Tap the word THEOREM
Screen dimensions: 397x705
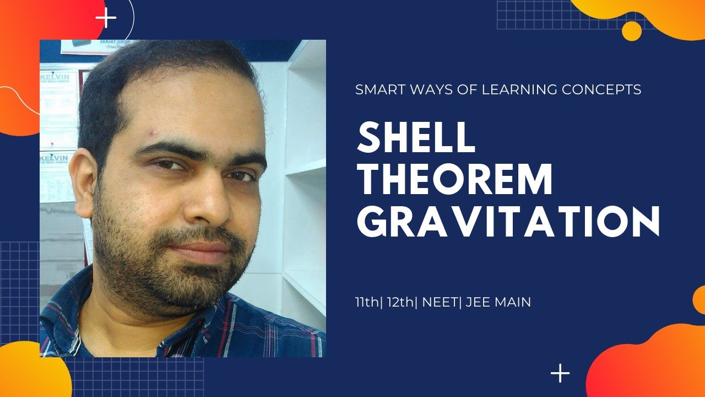(x=455, y=180)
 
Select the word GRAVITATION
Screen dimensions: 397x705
(x=507, y=222)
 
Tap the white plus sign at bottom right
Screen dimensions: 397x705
(x=560, y=373)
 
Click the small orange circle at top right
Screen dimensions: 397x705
(x=631, y=30)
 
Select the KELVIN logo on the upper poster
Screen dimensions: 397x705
(x=55, y=77)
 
